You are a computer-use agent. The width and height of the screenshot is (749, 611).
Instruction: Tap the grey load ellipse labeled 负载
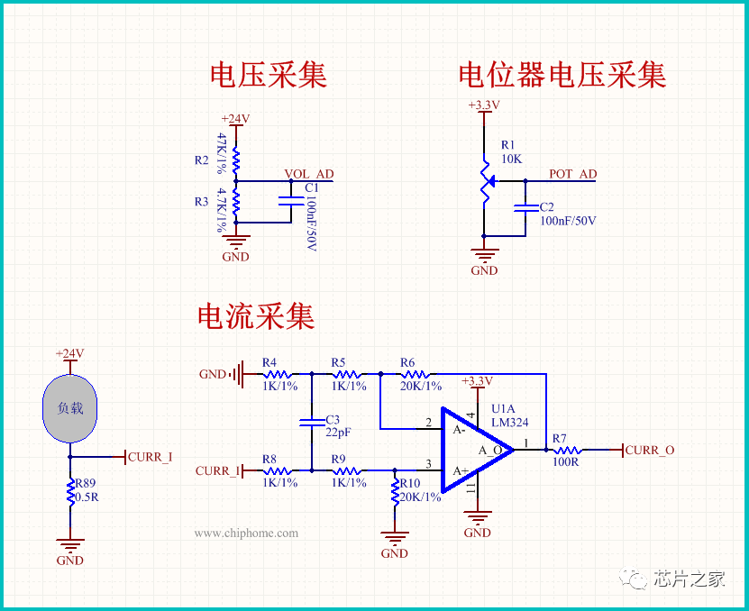(x=70, y=408)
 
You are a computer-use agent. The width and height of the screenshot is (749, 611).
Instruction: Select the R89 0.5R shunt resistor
(x=70, y=492)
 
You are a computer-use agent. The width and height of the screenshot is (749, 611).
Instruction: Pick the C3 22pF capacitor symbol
(x=311, y=422)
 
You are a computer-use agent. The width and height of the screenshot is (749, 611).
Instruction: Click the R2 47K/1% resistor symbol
(x=236, y=160)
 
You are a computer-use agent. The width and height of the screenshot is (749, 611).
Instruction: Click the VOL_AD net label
(x=309, y=174)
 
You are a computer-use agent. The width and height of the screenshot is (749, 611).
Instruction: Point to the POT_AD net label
(x=572, y=174)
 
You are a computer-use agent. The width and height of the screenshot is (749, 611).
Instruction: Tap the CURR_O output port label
(x=649, y=450)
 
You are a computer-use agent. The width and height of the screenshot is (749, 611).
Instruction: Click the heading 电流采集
(x=256, y=316)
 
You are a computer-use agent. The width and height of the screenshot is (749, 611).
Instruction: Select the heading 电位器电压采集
(x=562, y=75)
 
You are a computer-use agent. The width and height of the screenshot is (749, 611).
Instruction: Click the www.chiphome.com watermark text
(x=246, y=533)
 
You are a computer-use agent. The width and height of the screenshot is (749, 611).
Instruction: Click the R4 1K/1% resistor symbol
(x=277, y=373)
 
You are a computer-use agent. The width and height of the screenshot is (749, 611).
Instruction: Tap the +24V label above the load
(x=69, y=353)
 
